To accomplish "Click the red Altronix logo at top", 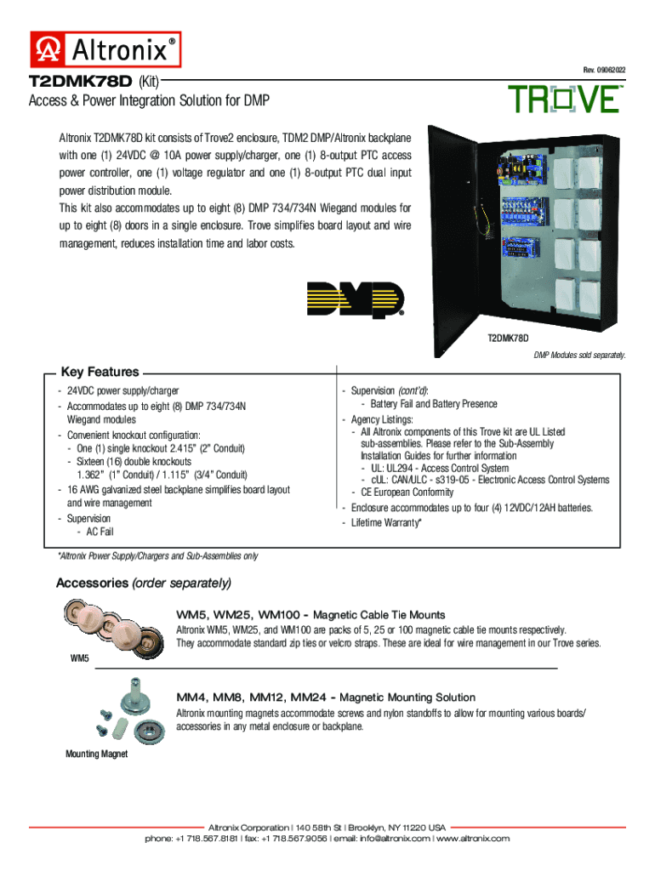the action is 105,49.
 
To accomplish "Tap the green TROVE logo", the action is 565,100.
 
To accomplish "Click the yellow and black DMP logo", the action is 356,299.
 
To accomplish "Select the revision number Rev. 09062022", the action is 604,70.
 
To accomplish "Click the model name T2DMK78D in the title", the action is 81,82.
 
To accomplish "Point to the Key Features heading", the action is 100,372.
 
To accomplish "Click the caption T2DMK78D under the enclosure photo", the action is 508,338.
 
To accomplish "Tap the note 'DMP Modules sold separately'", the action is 579,355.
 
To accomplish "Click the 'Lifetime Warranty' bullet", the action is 386,523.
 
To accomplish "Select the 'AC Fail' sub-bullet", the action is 100,532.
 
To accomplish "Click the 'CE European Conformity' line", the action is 407,492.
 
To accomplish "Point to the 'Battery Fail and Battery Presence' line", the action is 433,404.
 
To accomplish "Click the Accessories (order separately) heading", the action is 143,583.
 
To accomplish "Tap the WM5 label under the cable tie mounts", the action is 79,658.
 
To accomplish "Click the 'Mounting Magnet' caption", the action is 97,754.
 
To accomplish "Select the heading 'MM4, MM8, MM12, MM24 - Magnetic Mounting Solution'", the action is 326,697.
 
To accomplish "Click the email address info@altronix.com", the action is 395,838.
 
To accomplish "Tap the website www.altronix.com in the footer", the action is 473,838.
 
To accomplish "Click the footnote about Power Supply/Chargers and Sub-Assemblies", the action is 158,556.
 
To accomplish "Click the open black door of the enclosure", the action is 453,242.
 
